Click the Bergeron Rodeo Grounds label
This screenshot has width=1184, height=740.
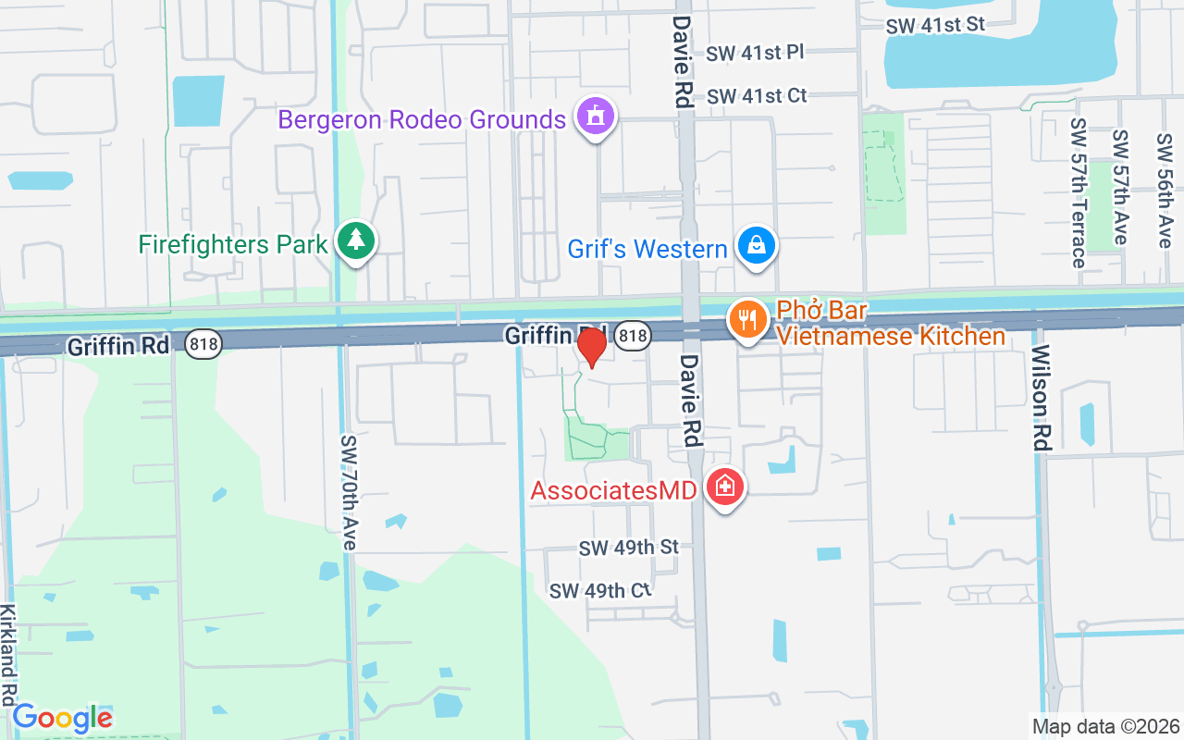422,120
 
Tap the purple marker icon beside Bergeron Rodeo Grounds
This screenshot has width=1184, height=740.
596,117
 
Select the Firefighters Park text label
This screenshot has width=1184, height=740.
233,245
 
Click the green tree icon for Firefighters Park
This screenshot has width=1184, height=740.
355,240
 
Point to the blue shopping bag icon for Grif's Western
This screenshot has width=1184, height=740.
757,246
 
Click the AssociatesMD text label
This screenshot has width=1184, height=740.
612,490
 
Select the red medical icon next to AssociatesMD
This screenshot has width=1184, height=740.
724,487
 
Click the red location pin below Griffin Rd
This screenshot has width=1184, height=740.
591,347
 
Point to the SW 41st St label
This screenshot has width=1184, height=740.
935,25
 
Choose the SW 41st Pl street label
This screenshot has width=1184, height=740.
755,53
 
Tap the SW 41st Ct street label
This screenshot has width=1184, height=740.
757,96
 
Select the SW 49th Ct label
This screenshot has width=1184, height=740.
600,590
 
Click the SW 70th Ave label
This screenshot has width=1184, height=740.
348,493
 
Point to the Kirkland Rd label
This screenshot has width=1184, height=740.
8,655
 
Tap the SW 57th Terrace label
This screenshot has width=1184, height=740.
1078,192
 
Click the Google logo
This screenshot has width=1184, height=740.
62,718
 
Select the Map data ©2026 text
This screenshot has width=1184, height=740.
1105,726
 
